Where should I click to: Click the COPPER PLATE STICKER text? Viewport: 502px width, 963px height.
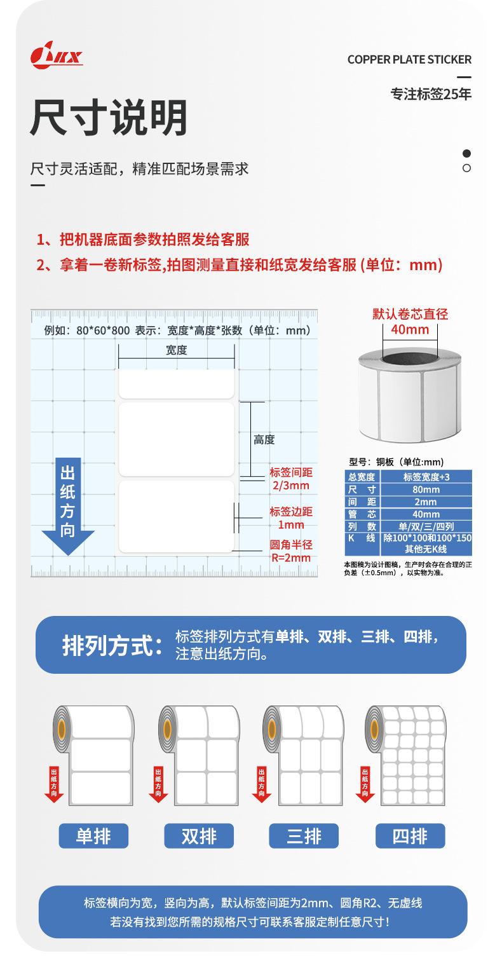(x=409, y=60)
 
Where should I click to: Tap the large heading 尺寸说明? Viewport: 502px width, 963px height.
(x=109, y=118)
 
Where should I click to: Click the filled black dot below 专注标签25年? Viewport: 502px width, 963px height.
(x=466, y=153)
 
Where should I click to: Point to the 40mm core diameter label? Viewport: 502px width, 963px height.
(x=410, y=329)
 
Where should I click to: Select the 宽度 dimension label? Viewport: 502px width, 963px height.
(x=176, y=350)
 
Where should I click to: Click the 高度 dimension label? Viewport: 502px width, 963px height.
(x=264, y=440)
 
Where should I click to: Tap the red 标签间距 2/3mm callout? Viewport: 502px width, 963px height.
(x=290, y=479)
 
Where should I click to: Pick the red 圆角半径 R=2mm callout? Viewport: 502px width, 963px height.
(x=291, y=551)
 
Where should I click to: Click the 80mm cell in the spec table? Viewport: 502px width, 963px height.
(x=426, y=489)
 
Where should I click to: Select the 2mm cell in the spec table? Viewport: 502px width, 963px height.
(x=426, y=502)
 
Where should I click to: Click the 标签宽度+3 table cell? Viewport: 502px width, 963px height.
(x=426, y=477)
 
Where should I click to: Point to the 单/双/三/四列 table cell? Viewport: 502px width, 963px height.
(x=426, y=526)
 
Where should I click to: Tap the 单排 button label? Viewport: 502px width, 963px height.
(x=93, y=836)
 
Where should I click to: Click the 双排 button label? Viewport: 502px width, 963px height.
(x=199, y=836)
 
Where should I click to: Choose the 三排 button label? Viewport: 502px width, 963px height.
(x=304, y=836)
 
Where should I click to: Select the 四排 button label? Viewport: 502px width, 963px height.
(x=410, y=836)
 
